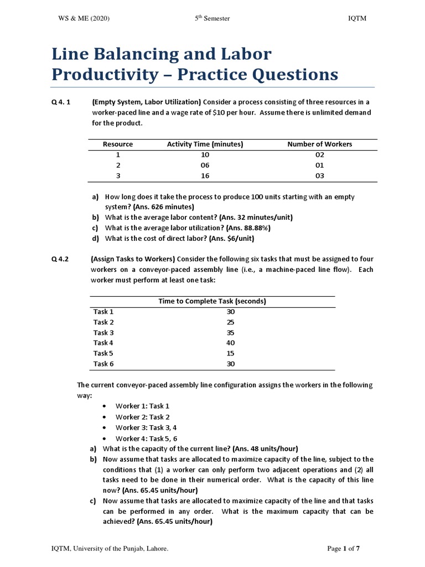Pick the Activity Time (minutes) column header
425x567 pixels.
click(205, 145)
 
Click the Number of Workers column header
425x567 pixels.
click(319, 145)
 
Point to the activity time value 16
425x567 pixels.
click(205, 176)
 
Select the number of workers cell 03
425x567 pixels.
click(319, 176)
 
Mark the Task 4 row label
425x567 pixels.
click(103, 343)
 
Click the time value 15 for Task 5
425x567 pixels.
click(215, 353)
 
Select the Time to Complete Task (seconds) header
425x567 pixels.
click(212, 301)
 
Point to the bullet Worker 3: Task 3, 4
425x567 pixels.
click(146, 427)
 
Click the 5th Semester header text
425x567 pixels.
click(212, 19)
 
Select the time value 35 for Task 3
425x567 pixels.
click(215, 332)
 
